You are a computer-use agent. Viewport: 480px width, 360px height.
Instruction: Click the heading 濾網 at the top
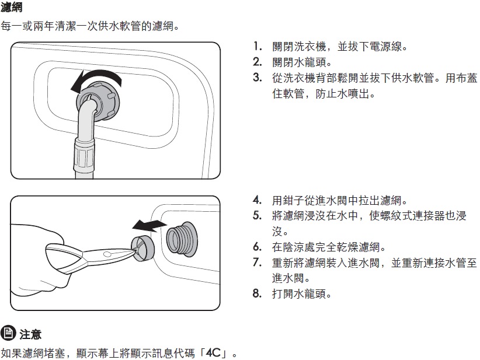(11, 7)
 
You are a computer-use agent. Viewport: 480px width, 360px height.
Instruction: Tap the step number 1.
(258, 47)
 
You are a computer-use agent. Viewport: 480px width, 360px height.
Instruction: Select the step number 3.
(258, 78)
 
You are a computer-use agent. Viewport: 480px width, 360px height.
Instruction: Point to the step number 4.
(258, 200)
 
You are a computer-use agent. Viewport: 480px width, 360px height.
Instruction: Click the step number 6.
(258, 247)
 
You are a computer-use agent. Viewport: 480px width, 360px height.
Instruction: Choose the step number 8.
(258, 293)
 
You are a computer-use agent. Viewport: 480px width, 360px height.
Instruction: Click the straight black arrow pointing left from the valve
(149, 225)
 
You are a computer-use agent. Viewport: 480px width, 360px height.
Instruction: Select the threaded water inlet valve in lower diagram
(182, 238)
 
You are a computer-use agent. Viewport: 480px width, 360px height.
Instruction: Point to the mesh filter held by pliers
(142, 249)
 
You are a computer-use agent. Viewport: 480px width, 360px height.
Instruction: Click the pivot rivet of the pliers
(107, 254)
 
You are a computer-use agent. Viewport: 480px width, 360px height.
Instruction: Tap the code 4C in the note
(213, 352)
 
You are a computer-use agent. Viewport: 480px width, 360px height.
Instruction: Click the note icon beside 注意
(8, 333)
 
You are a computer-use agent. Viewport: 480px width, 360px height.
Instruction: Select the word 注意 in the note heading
(30, 334)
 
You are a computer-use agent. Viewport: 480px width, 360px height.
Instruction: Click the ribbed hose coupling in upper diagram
(84, 155)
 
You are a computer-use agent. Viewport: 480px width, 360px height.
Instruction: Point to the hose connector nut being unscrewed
(98, 101)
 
